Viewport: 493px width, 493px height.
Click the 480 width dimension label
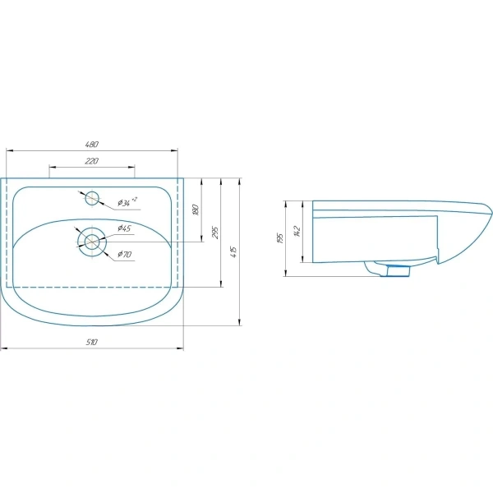coord(92,144)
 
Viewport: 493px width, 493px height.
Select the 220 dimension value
coord(92,161)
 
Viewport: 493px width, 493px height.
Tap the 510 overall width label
coord(92,342)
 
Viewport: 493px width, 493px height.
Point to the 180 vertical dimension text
coord(196,210)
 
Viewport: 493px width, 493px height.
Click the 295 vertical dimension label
coord(215,233)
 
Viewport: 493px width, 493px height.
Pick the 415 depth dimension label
coord(234,252)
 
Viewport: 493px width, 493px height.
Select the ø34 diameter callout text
coord(127,201)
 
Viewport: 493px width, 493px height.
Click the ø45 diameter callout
coord(124,228)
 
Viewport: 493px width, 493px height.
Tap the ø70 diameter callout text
coord(125,254)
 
